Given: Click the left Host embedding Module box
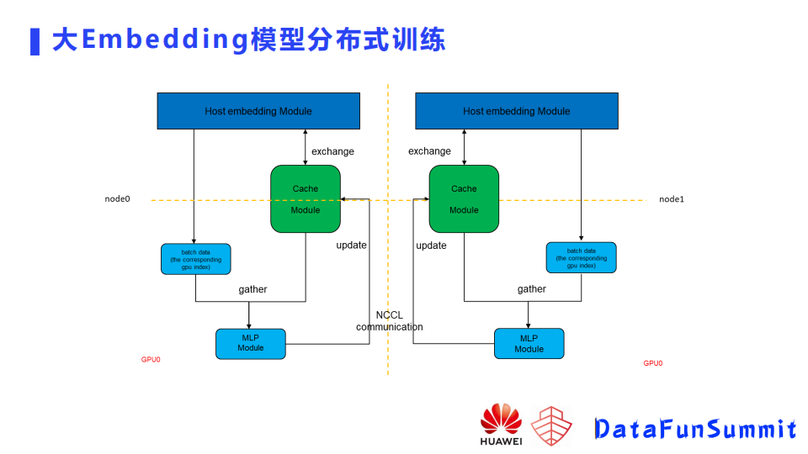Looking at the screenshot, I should point(258,111).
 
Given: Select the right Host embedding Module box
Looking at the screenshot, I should point(516,111).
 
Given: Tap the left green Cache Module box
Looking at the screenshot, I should point(305,199).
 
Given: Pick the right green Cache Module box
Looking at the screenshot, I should point(464,199).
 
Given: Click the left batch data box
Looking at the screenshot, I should point(195,259).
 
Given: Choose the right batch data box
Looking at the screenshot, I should point(581,258).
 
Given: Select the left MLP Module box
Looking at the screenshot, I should point(251,344).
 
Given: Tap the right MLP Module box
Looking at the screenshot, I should point(529,344).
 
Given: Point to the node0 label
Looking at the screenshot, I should point(118,199).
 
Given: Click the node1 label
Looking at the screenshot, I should point(672,199).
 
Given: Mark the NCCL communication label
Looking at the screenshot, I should point(389,321).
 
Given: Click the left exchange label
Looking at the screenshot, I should point(332,151).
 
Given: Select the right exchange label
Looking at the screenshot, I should point(429,151).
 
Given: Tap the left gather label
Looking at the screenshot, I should point(252,289).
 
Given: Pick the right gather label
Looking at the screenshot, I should point(531,289).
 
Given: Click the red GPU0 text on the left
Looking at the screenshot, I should point(151,360).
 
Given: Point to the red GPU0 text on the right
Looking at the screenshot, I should point(653,363).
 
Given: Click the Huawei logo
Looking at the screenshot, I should point(501,425).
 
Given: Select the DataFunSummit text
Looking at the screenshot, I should point(694,430).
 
